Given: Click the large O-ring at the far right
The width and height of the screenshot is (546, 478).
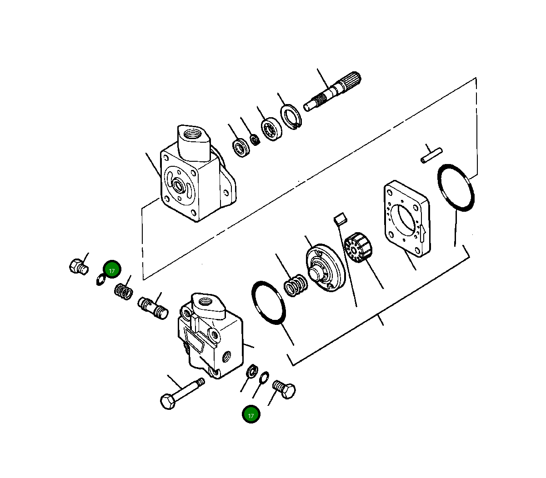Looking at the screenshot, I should point(456,187).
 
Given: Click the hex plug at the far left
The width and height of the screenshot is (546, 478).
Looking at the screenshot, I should point(77,266).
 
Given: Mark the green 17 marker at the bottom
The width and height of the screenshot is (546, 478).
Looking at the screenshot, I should point(251,414).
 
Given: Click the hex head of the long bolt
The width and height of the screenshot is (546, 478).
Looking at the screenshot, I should point(168,402).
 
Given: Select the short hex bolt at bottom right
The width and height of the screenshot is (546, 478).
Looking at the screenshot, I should point(284,390).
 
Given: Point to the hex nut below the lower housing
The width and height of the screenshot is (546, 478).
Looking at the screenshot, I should point(251,371).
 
